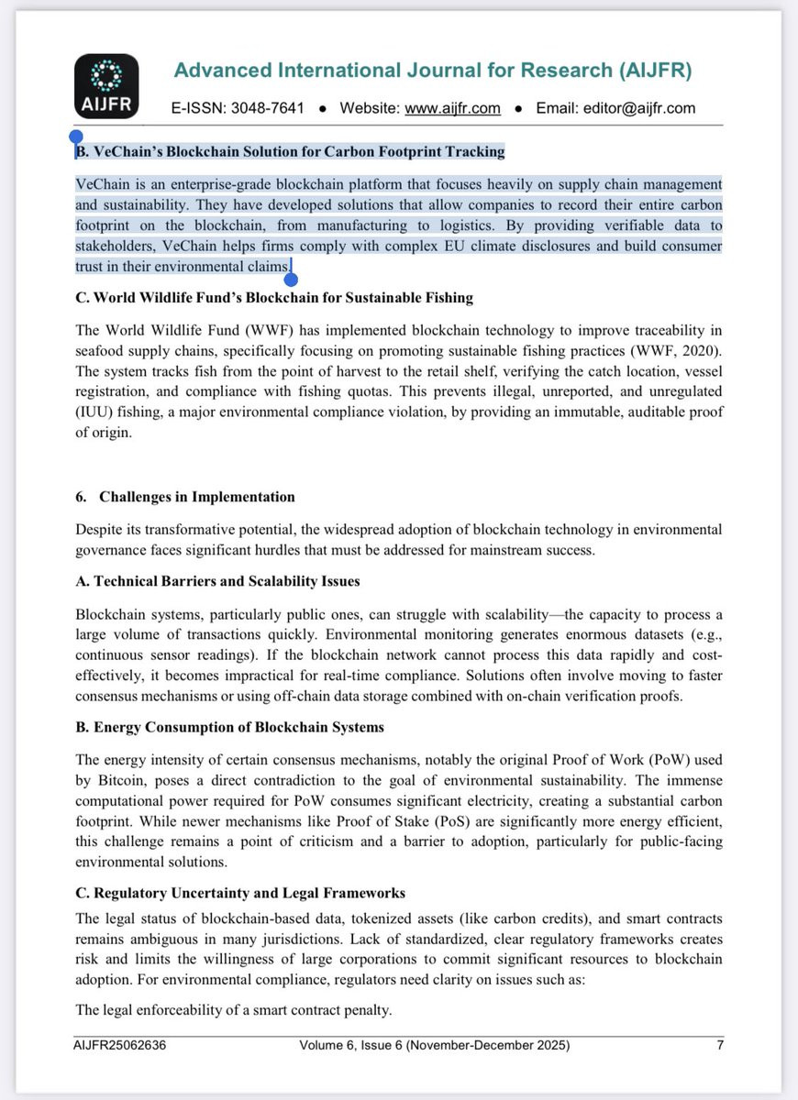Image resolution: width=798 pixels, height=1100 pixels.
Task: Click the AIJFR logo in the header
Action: coord(106,86)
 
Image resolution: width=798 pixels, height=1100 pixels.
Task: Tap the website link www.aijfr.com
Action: coord(453,108)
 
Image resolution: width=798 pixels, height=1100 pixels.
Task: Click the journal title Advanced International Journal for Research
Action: coord(433,71)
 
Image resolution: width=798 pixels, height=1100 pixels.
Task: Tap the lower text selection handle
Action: coord(292,279)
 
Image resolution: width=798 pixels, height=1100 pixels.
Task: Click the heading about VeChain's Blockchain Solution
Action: coord(290,151)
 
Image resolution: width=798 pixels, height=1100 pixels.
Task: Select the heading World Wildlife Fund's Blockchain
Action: coord(274,298)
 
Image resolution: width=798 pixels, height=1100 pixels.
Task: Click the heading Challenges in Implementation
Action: coord(196,497)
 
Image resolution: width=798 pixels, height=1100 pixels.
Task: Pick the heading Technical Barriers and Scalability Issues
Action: coord(217,581)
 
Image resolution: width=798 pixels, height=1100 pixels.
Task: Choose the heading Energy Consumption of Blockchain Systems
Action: coord(229,727)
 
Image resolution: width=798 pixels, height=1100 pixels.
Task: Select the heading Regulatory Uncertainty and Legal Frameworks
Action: coord(240,893)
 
